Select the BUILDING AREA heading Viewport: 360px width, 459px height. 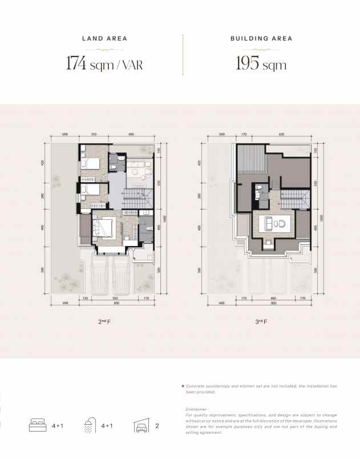(261, 39)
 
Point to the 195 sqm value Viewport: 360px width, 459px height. (261, 63)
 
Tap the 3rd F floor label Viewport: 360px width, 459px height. (262, 322)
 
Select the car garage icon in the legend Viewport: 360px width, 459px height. (141, 425)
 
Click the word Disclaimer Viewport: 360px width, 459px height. (197, 409)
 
